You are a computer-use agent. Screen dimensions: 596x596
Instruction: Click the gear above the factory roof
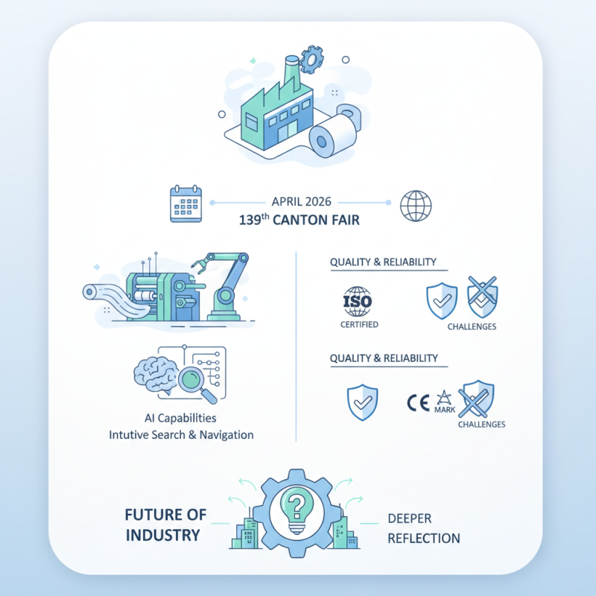(311, 58)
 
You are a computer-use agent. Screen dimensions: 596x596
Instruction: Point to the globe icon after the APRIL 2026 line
(414, 206)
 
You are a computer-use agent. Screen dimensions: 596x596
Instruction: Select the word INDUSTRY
(162, 535)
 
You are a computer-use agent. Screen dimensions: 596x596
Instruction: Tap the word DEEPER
(410, 519)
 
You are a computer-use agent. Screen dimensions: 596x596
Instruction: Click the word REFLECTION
(423, 538)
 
